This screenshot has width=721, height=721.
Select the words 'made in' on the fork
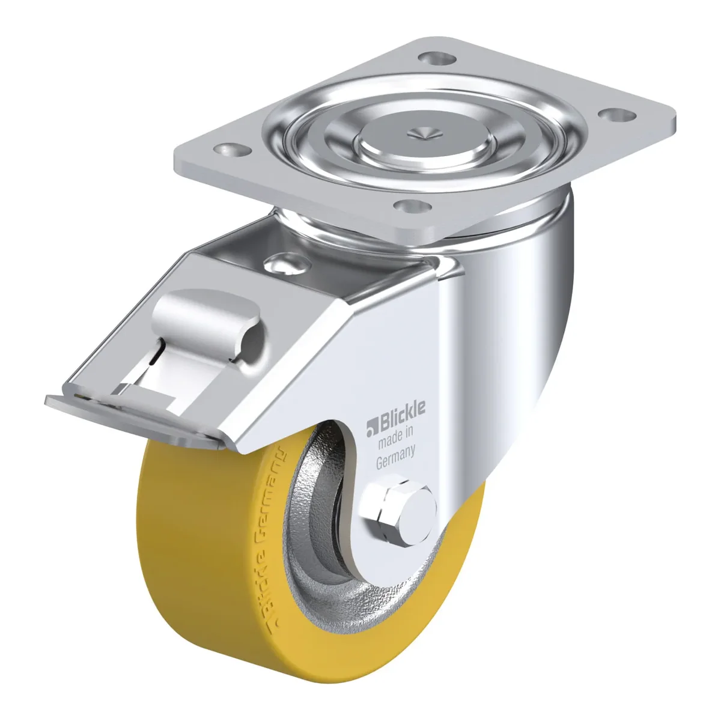(395, 437)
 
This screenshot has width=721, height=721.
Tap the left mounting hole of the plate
(233, 150)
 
